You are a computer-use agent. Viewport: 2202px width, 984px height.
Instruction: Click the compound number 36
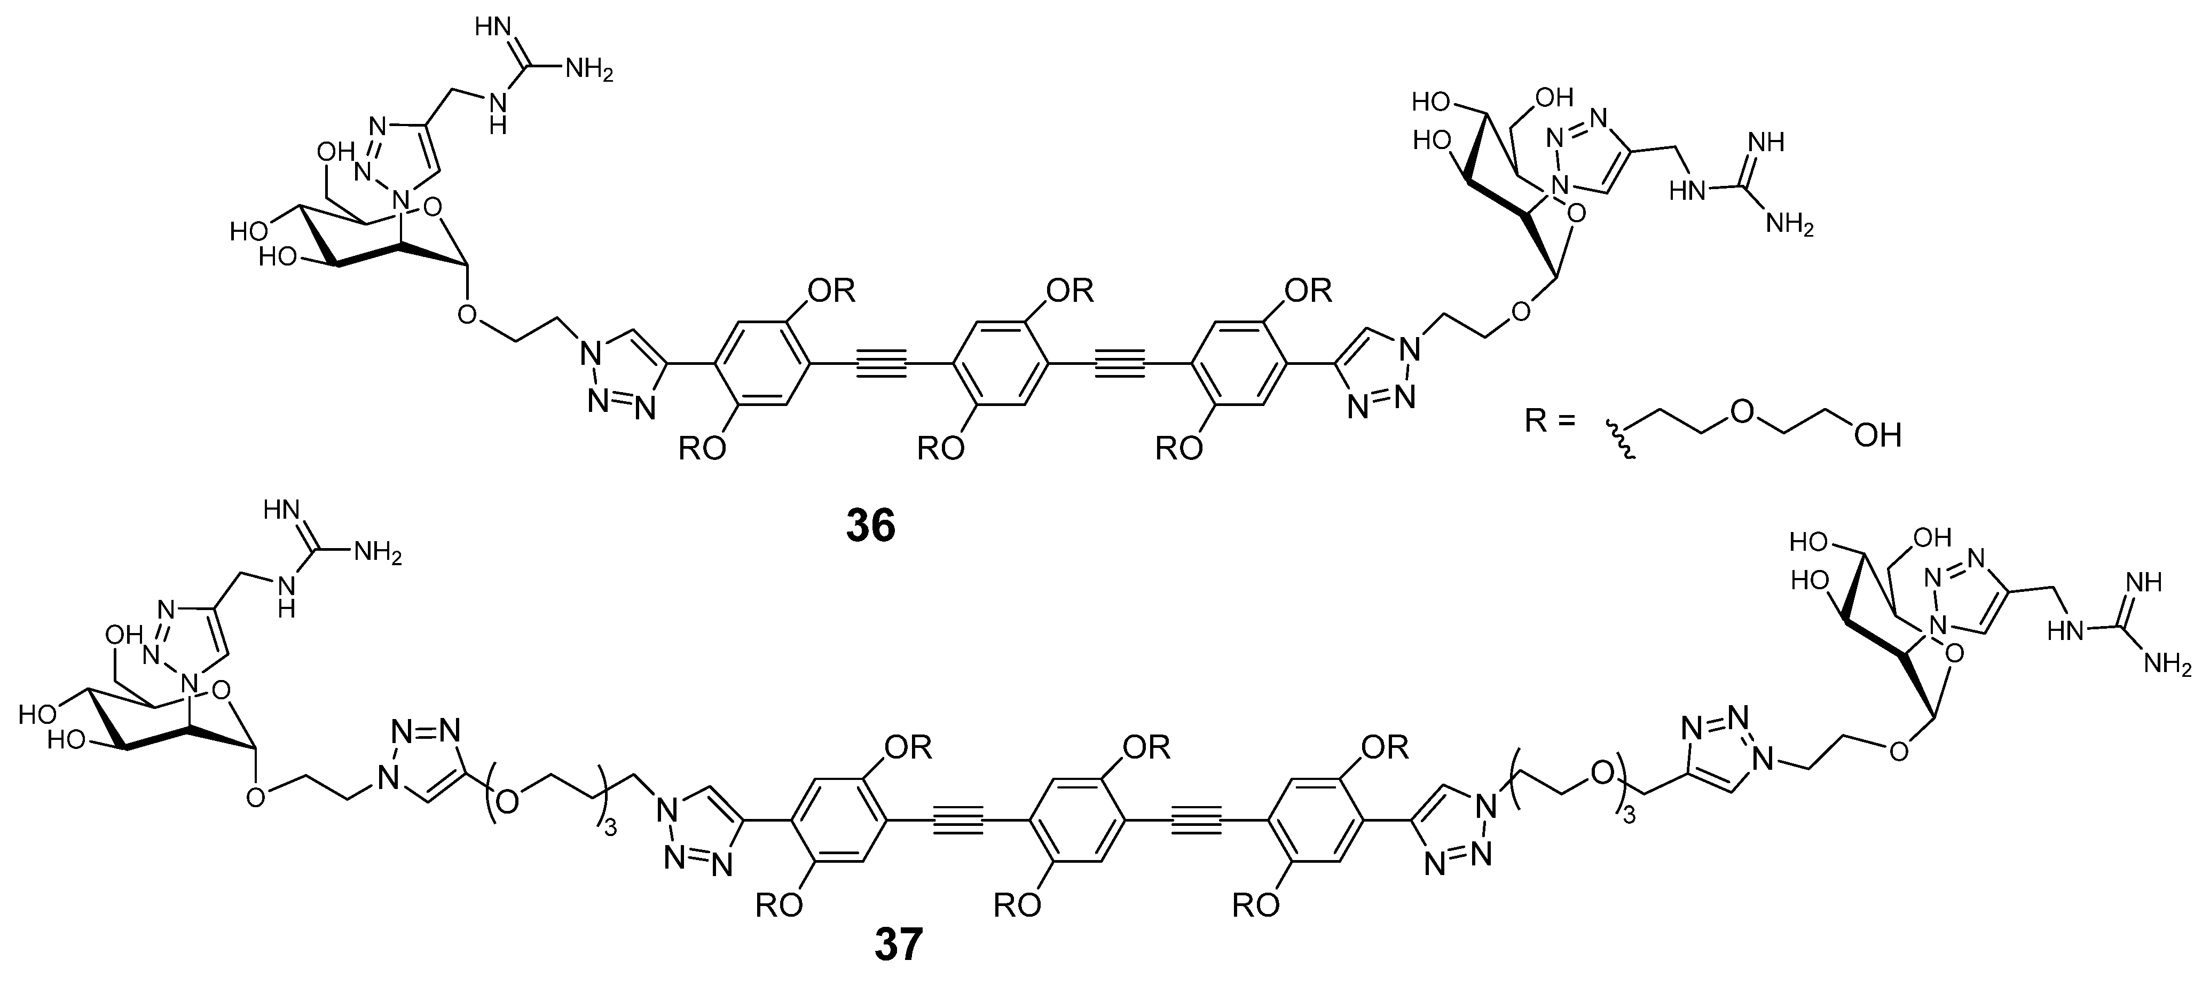coord(870,526)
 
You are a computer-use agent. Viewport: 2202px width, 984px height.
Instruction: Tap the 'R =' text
coord(1549,420)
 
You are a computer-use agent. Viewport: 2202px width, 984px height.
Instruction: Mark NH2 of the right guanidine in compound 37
coord(2168,663)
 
